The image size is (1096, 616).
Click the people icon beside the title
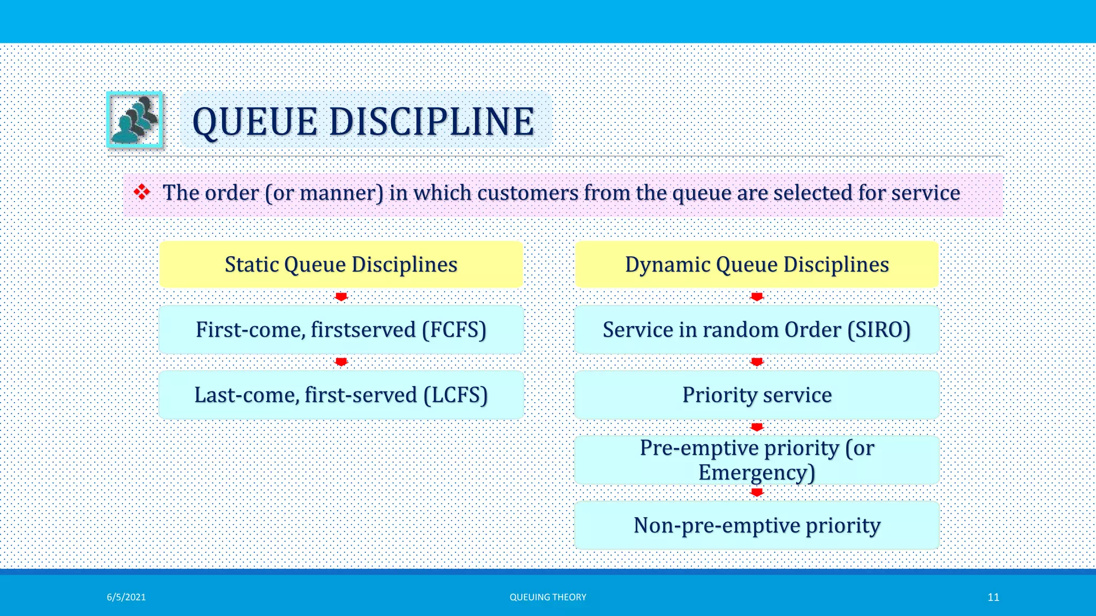click(135, 120)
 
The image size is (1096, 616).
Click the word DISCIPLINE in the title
click(431, 121)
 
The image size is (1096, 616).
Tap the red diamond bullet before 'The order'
click(142, 192)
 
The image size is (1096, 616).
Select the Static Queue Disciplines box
click(341, 265)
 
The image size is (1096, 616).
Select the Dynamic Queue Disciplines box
click(757, 265)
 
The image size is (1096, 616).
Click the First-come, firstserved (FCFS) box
click(341, 329)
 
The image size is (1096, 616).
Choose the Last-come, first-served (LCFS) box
click(341, 395)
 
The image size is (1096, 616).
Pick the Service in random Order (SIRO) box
click(757, 329)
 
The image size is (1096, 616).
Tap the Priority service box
click(757, 395)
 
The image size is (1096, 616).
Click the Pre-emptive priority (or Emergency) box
click(757, 460)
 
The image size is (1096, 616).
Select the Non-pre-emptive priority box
click(757, 525)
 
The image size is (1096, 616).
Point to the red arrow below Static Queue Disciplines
click(341, 297)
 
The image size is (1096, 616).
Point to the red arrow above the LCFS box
click(341, 362)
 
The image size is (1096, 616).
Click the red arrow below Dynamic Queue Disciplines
click(757, 297)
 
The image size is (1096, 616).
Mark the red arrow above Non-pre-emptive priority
click(757, 492)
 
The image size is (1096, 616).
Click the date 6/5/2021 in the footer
click(126, 597)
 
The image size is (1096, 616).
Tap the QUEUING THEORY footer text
click(547, 597)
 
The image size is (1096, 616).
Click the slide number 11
click(993, 597)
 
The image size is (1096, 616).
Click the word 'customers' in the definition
click(528, 193)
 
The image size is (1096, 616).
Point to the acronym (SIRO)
click(879, 330)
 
